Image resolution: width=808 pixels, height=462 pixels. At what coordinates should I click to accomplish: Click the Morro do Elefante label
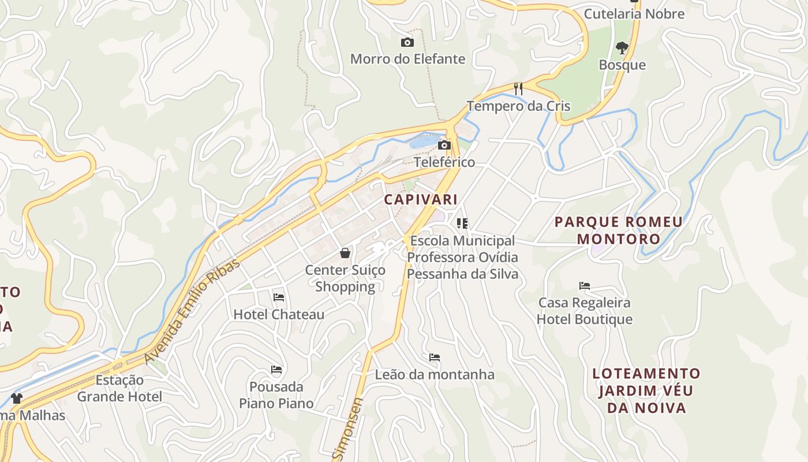407,59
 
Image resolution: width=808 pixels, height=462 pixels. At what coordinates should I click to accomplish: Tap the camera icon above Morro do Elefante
407,42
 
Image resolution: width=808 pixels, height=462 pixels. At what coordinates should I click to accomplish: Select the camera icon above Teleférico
444,145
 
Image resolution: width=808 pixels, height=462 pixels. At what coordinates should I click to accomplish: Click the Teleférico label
444,162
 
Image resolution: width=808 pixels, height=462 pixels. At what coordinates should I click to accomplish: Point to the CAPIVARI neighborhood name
421,200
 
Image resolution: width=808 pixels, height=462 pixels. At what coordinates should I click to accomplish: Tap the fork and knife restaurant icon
518,89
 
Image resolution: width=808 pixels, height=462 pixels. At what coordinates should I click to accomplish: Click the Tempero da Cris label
518,106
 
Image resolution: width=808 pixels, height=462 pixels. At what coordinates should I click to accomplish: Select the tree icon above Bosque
622,48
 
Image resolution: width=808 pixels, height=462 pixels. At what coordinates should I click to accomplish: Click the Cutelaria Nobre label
634,14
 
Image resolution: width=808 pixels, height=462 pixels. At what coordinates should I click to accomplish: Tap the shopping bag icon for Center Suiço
345,253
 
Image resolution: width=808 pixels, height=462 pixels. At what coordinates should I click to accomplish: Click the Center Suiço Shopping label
345,278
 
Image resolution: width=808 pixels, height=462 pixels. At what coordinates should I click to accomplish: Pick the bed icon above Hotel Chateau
279,297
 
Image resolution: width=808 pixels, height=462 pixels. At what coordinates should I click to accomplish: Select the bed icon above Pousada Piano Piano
276,369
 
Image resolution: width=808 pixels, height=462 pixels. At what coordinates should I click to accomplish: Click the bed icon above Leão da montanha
435,357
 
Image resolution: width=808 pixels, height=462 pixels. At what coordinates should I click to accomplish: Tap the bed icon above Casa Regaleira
585,285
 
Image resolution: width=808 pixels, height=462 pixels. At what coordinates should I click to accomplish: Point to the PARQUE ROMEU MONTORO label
619,230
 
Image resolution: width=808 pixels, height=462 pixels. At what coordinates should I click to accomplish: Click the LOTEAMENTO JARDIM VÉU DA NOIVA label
646,390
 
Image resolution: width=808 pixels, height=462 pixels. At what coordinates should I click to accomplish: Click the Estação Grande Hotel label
119,388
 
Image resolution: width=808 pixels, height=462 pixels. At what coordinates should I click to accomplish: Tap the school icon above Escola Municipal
462,223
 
